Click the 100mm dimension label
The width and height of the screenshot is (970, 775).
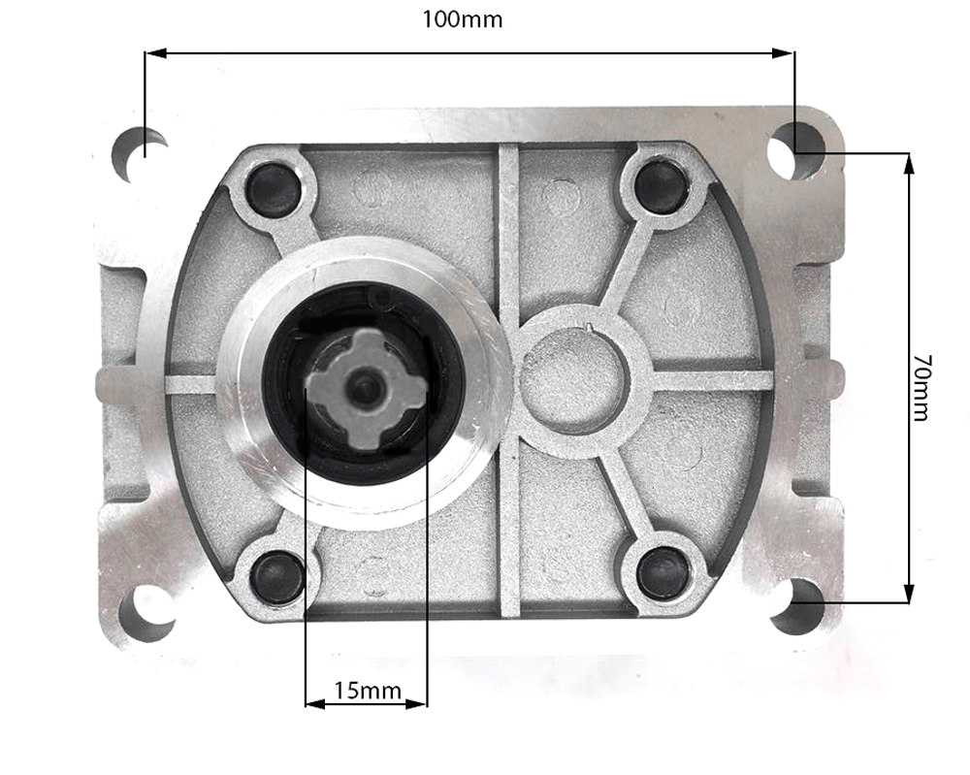click(462, 19)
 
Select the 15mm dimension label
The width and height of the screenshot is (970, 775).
click(367, 691)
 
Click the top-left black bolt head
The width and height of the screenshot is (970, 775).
click(273, 188)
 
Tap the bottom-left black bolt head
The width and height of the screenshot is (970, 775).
click(276, 574)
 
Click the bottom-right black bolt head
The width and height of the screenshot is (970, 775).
click(664, 571)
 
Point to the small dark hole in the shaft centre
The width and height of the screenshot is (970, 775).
click(366, 387)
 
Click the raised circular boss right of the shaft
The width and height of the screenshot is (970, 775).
click(574, 378)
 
